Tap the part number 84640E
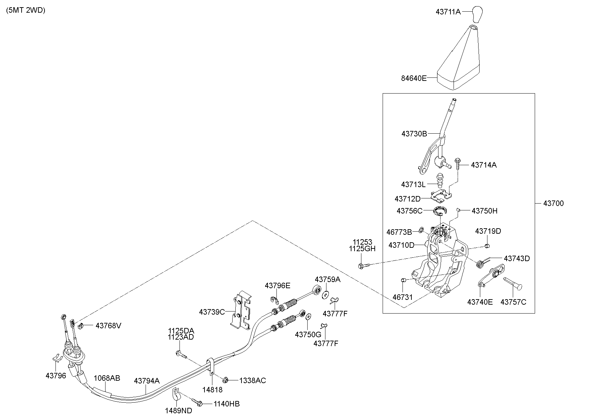click(414, 78)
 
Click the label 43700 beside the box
click(553, 203)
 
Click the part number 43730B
click(414, 134)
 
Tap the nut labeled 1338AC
click(225, 380)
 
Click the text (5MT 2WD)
click(26, 10)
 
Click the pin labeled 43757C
click(512, 284)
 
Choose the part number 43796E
click(277, 285)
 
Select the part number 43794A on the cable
click(147, 381)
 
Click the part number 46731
click(403, 297)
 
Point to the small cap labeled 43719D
click(487, 245)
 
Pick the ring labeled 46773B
click(422, 229)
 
